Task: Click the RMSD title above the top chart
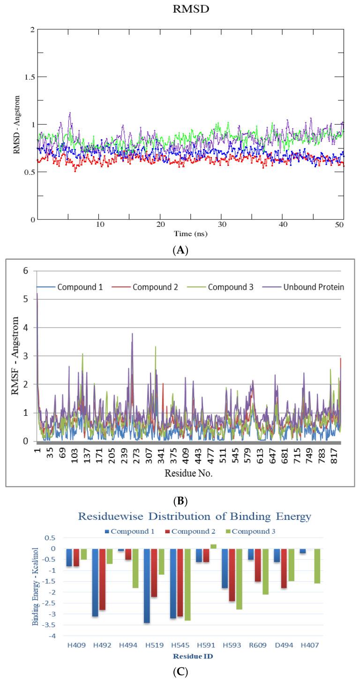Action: pos(190,8)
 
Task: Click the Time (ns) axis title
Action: pos(190,233)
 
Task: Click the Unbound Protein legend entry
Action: pos(312,287)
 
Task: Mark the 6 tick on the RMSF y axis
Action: pos(26,271)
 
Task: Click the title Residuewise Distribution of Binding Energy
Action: pos(194,517)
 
